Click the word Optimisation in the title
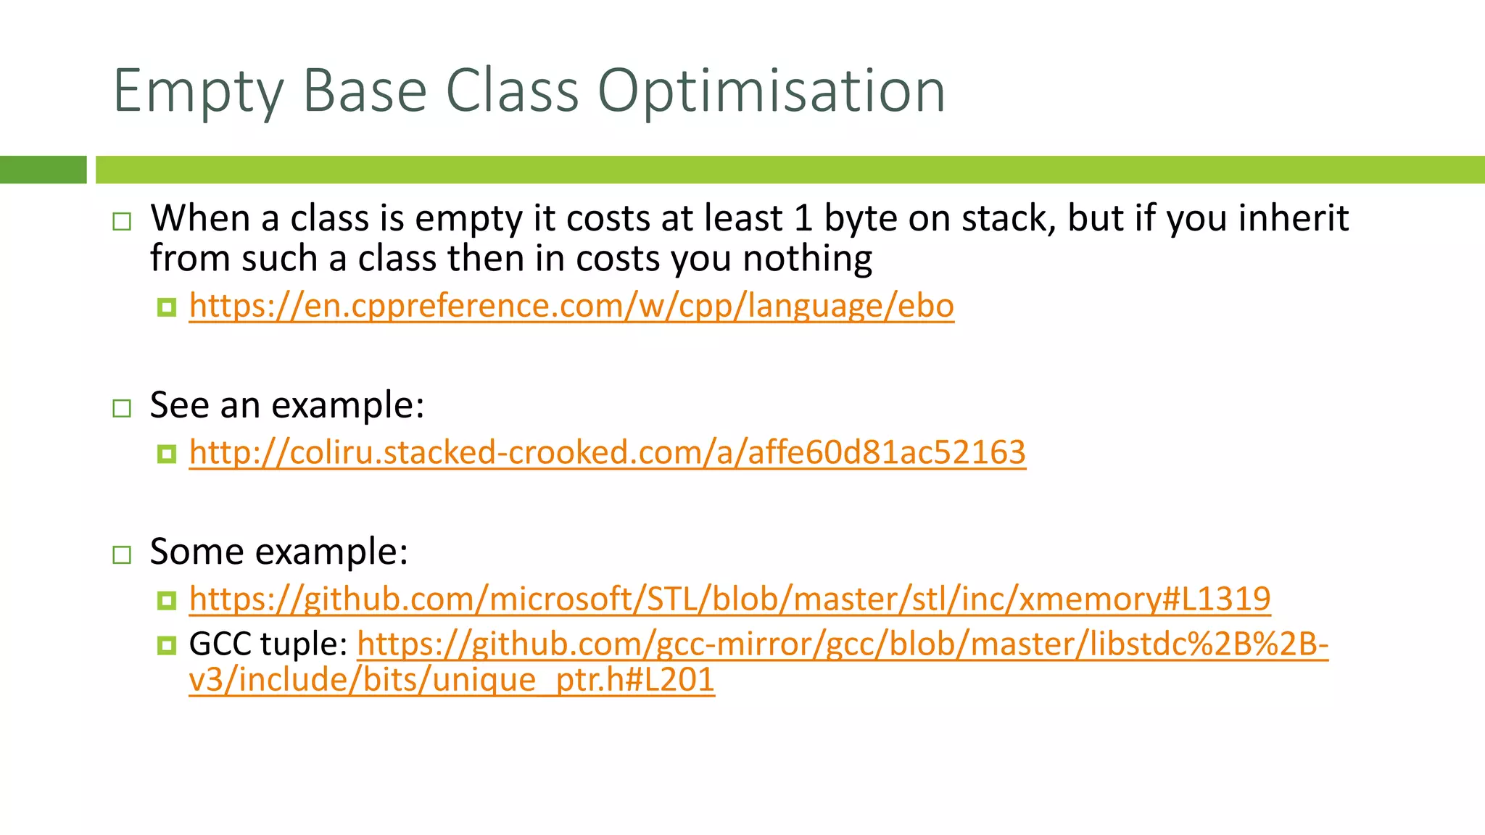tap(772, 91)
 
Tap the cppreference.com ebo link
tap(571, 306)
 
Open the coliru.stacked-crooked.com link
tap(607, 453)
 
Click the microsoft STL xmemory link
tap(729, 599)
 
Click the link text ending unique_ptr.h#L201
tap(451, 680)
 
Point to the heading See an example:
tap(286, 404)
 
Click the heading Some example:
tap(278, 552)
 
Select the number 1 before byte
tap(803, 218)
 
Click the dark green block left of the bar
tap(43, 170)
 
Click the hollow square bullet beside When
tap(122, 221)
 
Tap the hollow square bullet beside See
tap(122, 408)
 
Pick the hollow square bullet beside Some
tap(122, 555)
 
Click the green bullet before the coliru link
tap(167, 454)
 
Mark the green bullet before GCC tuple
tap(167, 645)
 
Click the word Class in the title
tap(512, 91)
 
